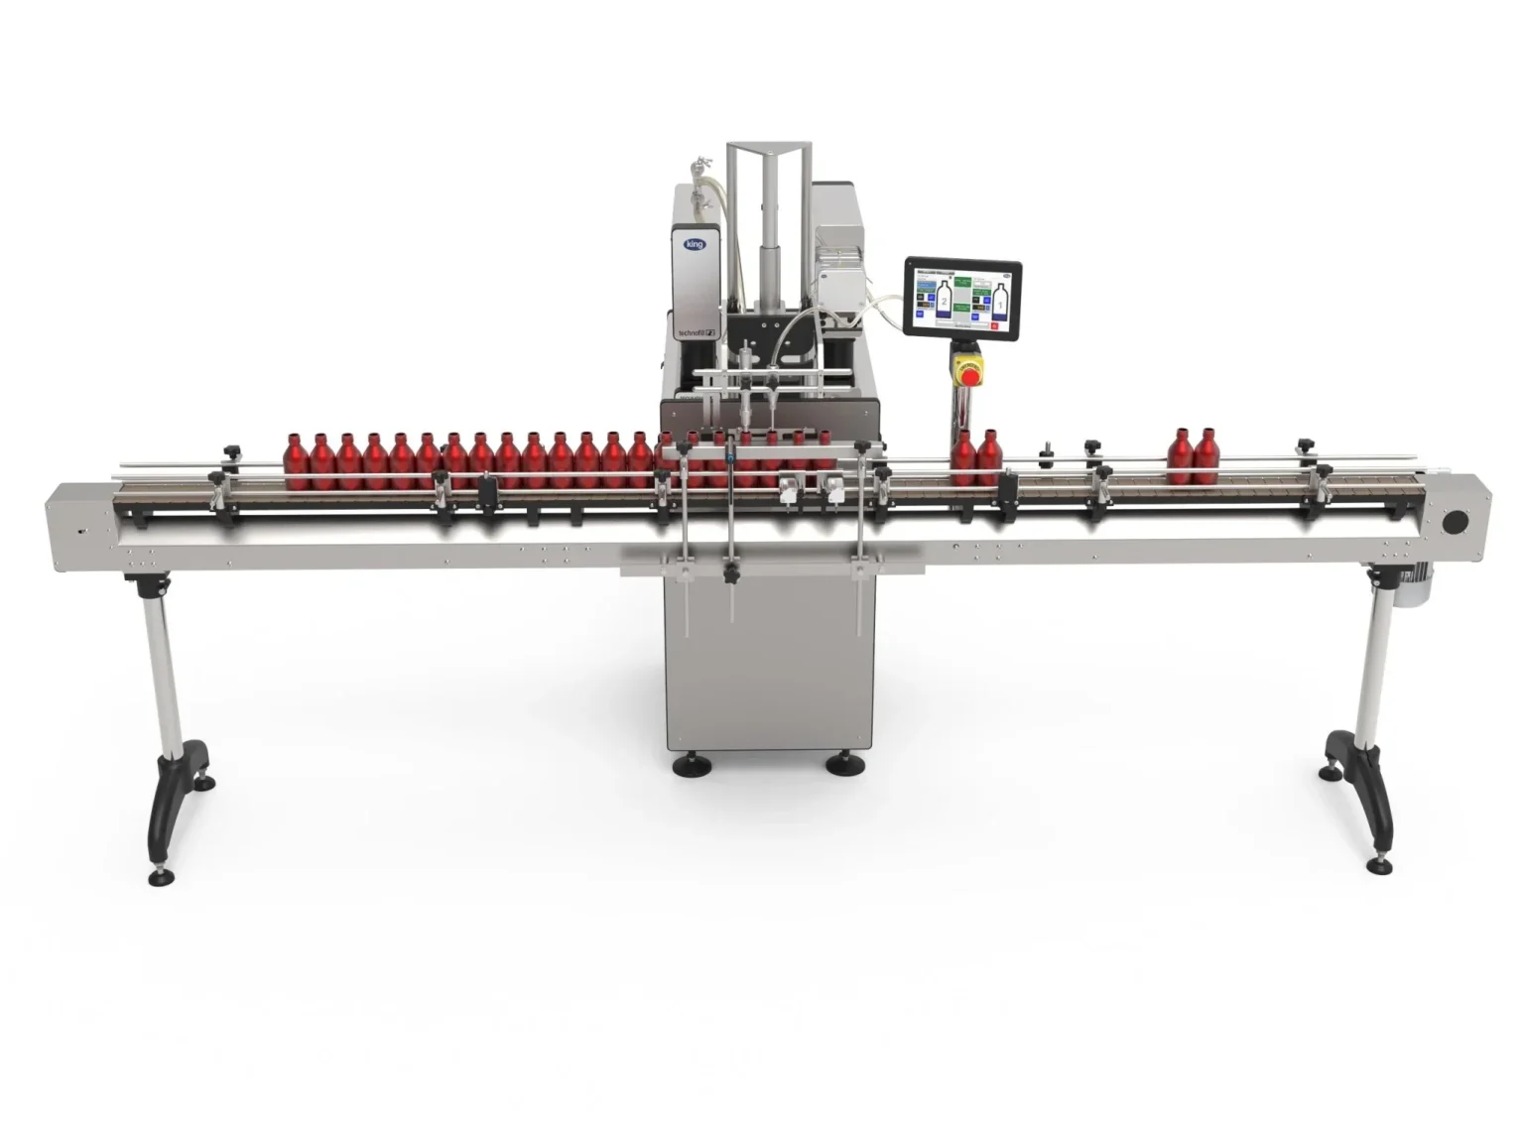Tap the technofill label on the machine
tap(696, 335)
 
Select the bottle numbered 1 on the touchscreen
tap(1002, 299)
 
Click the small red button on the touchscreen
tap(993, 322)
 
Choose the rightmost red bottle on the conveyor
tap(1206, 457)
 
